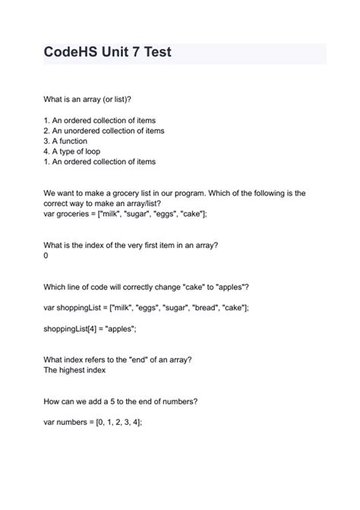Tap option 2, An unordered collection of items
pyautogui.click(x=104, y=131)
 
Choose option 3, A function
pyautogui.click(x=65, y=141)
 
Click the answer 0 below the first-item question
pyautogui.click(x=46, y=256)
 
